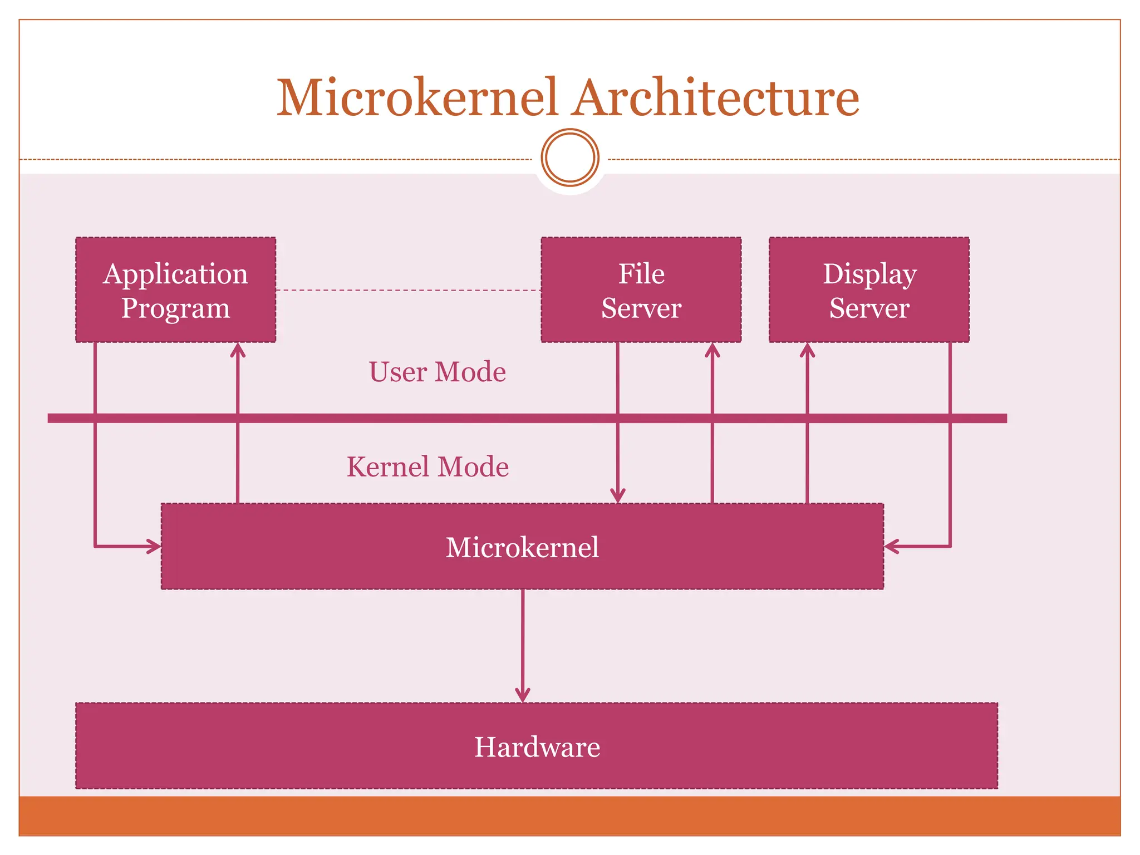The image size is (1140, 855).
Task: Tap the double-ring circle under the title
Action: click(x=570, y=158)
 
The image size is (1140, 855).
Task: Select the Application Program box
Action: click(x=175, y=289)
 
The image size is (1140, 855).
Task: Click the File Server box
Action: click(x=641, y=289)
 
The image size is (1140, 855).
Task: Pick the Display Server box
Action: click(x=869, y=289)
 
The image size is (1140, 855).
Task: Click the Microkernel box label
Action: click(x=522, y=547)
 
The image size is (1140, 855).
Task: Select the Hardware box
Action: click(x=536, y=746)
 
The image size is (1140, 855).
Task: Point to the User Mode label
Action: click(x=437, y=372)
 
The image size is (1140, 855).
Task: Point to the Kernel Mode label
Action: click(x=427, y=466)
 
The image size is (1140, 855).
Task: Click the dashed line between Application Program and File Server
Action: click(x=408, y=290)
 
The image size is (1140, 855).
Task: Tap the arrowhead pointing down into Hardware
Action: click(x=522, y=696)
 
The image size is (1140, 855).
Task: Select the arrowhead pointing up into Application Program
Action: click(x=238, y=350)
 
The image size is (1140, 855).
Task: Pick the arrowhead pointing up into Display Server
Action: click(x=807, y=350)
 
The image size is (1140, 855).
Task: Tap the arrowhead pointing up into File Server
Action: click(x=712, y=350)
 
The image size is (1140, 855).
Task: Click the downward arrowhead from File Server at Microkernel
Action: click(x=617, y=496)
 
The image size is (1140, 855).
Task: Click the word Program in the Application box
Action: click(x=175, y=308)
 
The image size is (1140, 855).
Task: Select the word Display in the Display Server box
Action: click(x=869, y=274)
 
